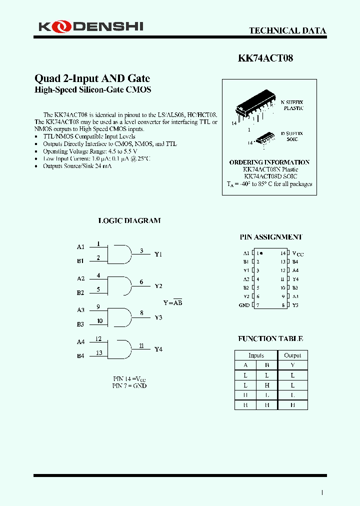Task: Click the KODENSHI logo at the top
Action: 91,26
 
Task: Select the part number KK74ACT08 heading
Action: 265,58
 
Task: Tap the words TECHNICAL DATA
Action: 287,30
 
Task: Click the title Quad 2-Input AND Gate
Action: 92,78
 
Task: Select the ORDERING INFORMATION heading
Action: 269,162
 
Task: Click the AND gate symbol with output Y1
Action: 120,254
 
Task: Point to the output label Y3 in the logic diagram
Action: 158,317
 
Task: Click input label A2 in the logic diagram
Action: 81,278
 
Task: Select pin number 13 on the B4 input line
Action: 99,353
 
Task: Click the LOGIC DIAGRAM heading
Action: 129,220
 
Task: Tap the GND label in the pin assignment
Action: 244,305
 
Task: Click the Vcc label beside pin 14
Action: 297,253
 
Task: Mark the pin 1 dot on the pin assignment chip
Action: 261,253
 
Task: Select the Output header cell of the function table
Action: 292,355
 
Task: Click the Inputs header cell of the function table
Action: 256,355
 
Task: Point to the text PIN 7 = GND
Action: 129,385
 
